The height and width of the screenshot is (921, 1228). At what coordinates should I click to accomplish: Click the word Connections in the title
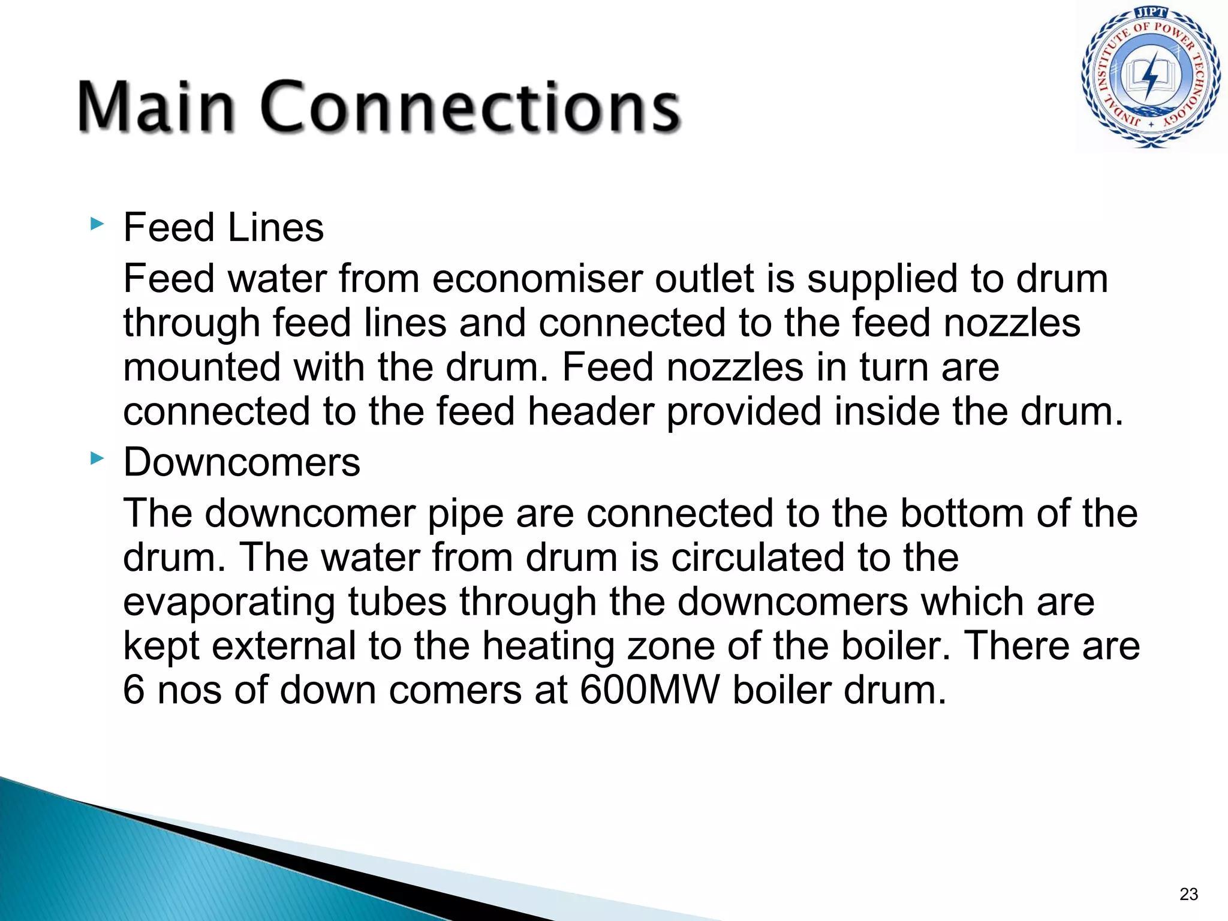(x=471, y=106)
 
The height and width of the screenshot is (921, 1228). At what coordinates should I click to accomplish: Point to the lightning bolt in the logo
(x=1151, y=77)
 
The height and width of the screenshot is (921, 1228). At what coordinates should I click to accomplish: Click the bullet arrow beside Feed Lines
(x=97, y=225)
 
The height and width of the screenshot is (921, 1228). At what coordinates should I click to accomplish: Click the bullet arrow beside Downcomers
(x=97, y=459)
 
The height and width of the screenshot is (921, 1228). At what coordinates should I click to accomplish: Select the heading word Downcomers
(x=242, y=462)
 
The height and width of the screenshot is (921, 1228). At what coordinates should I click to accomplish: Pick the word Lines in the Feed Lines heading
(x=276, y=228)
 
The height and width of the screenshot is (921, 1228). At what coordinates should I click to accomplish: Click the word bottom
(x=962, y=514)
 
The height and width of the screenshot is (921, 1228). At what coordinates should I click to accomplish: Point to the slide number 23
(x=1188, y=894)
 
